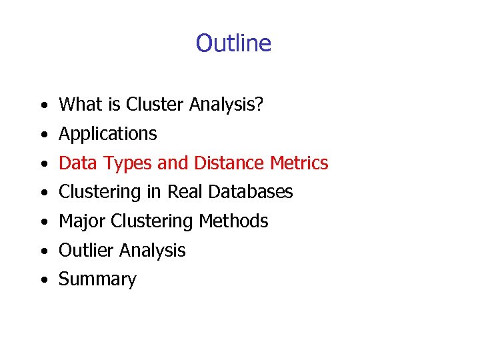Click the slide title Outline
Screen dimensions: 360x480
coord(233,43)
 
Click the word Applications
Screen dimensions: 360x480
coord(108,134)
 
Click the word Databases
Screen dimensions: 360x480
coord(251,192)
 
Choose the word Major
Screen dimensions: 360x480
coord(81,221)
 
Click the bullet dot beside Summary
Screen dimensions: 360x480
coord(43,281)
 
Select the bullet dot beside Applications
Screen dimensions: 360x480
coord(43,135)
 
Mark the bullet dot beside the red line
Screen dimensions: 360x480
coord(43,164)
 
